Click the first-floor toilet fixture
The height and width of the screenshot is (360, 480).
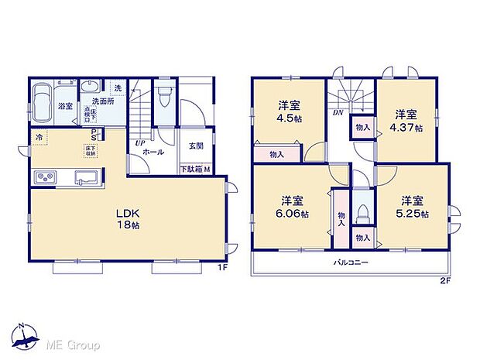coord(162,98)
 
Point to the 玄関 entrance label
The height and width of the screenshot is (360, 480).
coord(195,146)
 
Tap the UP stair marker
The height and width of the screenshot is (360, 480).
coord(139,143)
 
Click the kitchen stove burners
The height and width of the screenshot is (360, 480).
coord(43,178)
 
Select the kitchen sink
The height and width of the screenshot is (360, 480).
coord(84,179)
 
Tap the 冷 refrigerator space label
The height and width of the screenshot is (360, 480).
coord(38,137)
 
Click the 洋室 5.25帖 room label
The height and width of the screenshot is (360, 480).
coord(411,207)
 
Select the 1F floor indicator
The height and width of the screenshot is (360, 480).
coord(221,268)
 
